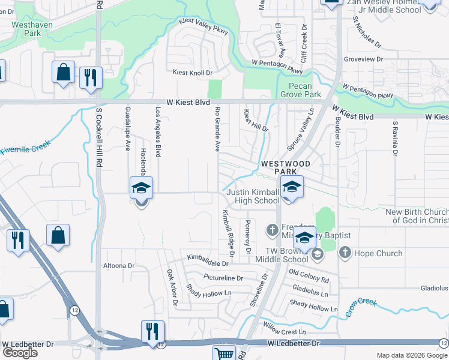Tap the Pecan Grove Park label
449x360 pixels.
pyautogui.click(x=301, y=90)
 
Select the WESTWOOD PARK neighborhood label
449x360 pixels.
pyautogui.click(x=285, y=167)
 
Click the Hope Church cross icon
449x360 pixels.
pyautogui.click(x=345, y=253)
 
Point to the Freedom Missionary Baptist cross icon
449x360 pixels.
pyautogui.click(x=271, y=229)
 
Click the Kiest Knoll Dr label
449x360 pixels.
pyautogui.click(x=193, y=73)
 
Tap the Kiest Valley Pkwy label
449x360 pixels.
pyautogui.click(x=204, y=28)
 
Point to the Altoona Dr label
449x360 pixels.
pyautogui.click(x=118, y=265)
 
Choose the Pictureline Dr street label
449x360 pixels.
pyautogui.click(x=223, y=278)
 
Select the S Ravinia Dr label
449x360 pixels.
pyautogui.click(x=394, y=138)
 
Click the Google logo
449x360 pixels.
pyautogui.click(x=20, y=352)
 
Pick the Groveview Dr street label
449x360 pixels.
pyautogui.click(x=363, y=60)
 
